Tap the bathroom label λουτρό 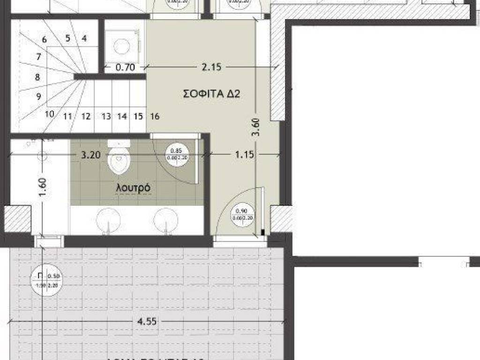pos(133,187)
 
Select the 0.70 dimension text pos(125,67)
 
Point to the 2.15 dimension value pos(211,67)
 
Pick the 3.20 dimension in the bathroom pos(90,155)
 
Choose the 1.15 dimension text pos(245,154)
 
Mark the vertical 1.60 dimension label pos(43,187)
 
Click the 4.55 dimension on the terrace pos(147,322)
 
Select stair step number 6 pos(45,40)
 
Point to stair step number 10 pos(50,113)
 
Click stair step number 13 pos(106,116)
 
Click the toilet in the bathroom pos(118,158)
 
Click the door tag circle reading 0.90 pos(242,214)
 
